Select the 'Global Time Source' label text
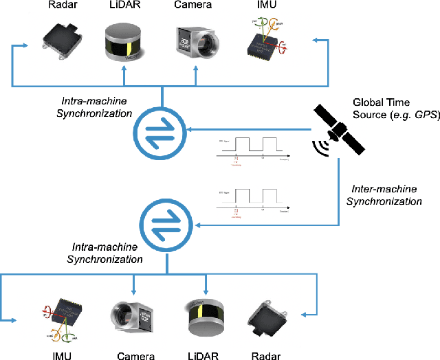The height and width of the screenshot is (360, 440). point(395,106)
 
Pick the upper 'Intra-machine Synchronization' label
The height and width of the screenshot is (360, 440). point(90,106)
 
